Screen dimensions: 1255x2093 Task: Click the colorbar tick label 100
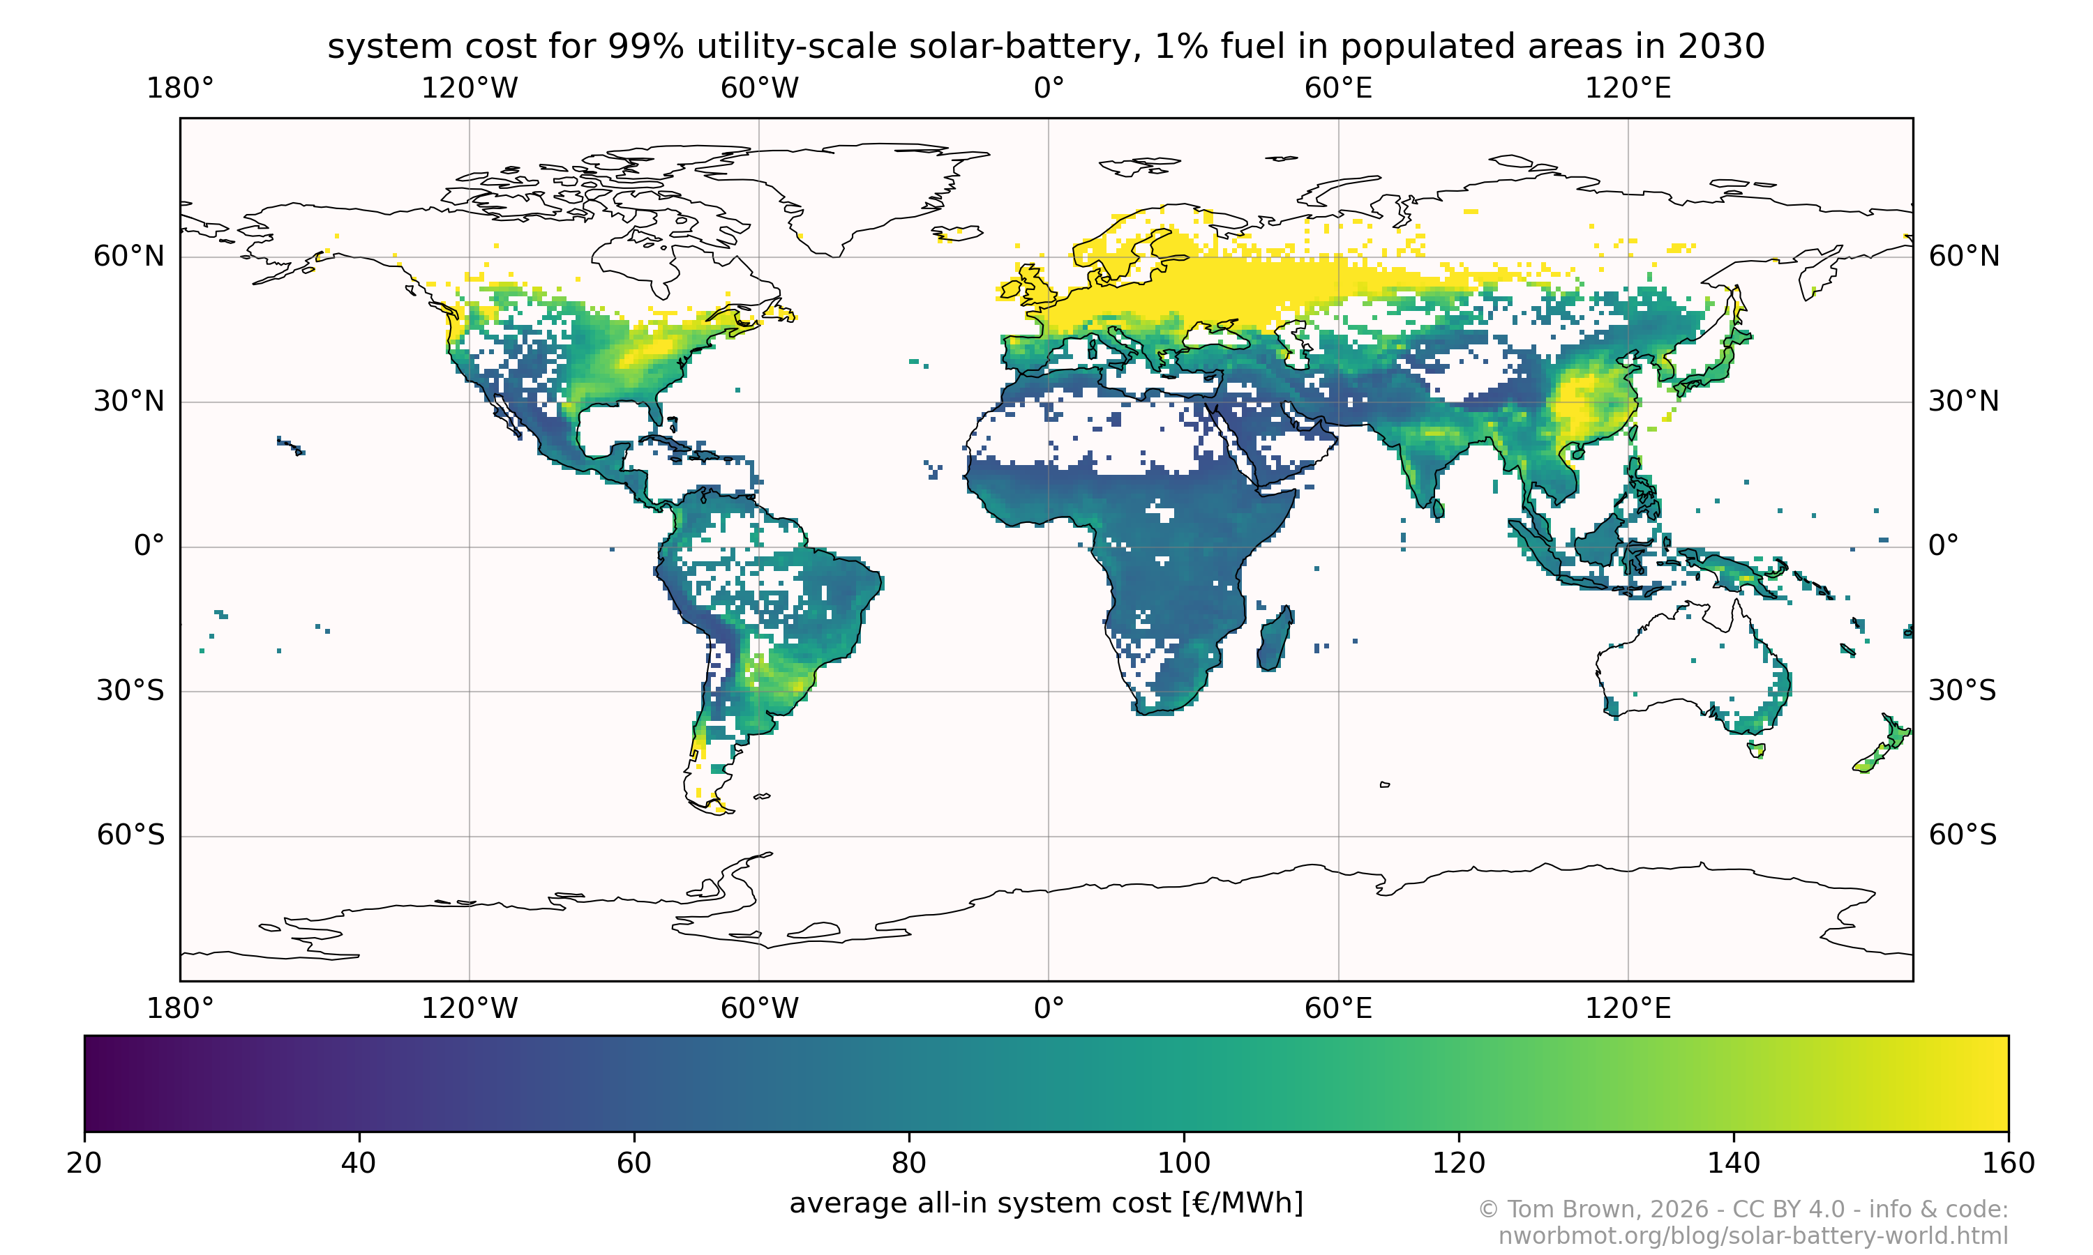pyautogui.click(x=1183, y=1163)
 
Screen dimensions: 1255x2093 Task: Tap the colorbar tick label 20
pyautogui.click(x=84, y=1163)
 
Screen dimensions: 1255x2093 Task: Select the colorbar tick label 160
pyautogui.click(x=2008, y=1163)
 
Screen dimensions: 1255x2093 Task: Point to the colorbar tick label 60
pyautogui.click(x=633, y=1163)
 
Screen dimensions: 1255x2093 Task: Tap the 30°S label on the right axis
pyautogui.click(x=1962, y=691)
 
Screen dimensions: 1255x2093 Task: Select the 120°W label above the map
pyautogui.click(x=470, y=88)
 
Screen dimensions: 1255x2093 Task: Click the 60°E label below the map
pyautogui.click(x=1337, y=1008)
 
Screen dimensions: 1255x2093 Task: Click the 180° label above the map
pyautogui.click(x=180, y=88)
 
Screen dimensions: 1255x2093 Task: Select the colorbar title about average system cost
pyautogui.click(x=1046, y=1203)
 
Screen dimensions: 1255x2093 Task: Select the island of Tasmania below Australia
pyautogui.click(x=1756, y=750)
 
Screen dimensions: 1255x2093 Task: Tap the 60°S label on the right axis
pyautogui.click(x=1962, y=835)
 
